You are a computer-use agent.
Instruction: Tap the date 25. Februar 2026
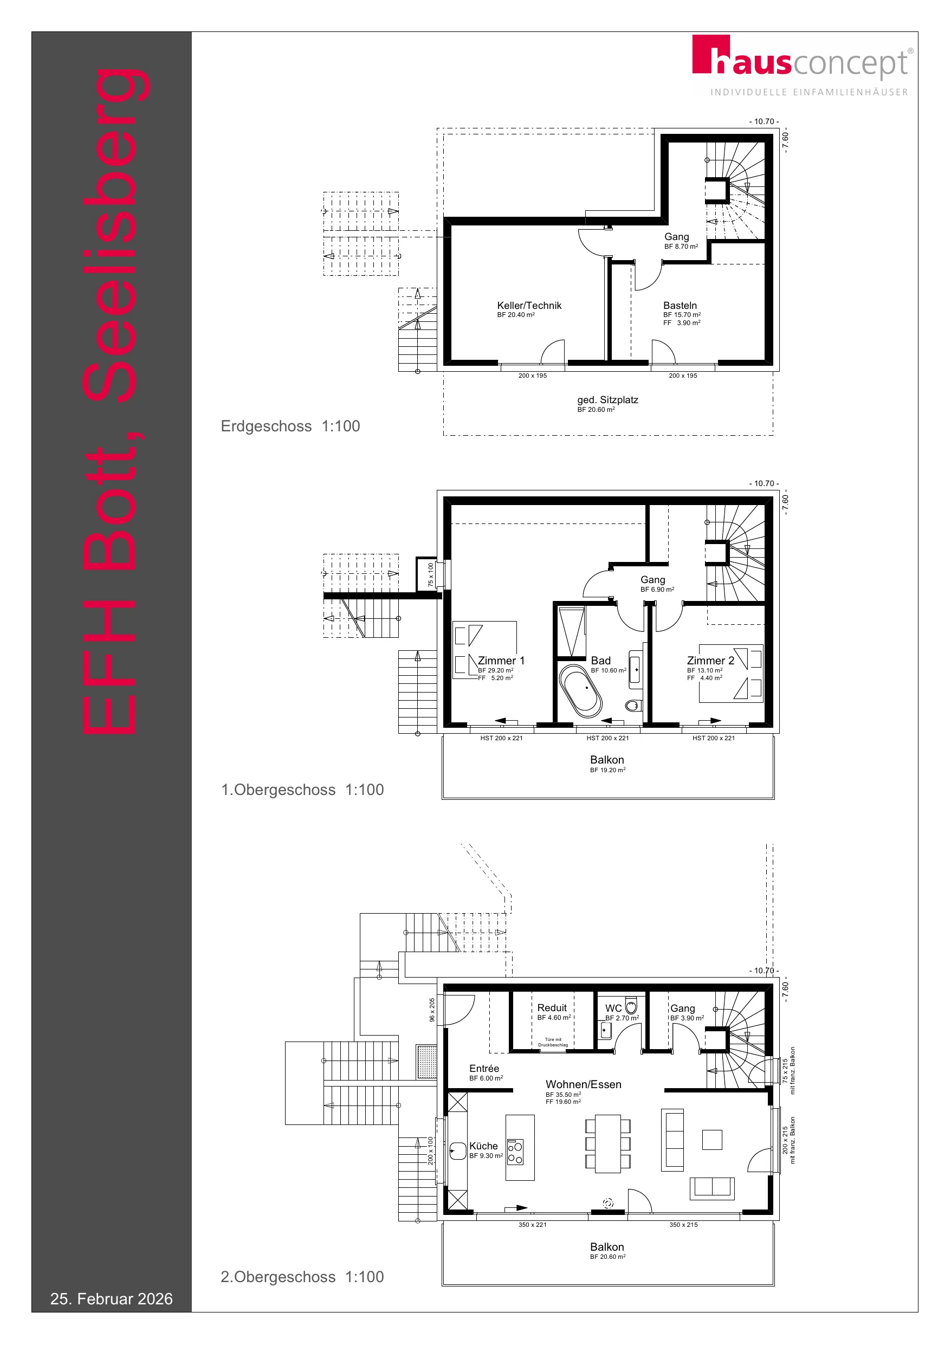click(111, 1299)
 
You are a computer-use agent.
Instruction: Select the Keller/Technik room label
click(529, 305)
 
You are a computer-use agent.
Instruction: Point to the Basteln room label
click(680, 305)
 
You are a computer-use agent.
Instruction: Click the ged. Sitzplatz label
click(607, 399)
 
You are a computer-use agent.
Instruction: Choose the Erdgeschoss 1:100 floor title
click(290, 426)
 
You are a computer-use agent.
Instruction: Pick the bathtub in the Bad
click(581, 691)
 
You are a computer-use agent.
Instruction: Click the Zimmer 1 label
click(501, 660)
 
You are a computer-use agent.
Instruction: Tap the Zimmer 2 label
click(710, 660)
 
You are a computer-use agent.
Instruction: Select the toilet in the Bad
click(633, 704)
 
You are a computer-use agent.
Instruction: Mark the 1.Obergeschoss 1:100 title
click(302, 790)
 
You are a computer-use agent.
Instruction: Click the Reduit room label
click(552, 1007)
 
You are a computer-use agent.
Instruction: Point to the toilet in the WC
click(631, 1007)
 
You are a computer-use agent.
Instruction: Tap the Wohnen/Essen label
click(584, 1084)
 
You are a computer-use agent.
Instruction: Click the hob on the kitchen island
click(515, 1152)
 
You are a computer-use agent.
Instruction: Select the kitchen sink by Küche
click(458, 1151)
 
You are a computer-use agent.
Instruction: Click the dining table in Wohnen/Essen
click(607, 1143)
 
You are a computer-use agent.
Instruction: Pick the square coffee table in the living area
click(712, 1140)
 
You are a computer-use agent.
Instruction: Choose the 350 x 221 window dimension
click(532, 1224)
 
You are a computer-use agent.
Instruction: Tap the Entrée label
click(484, 1069)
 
